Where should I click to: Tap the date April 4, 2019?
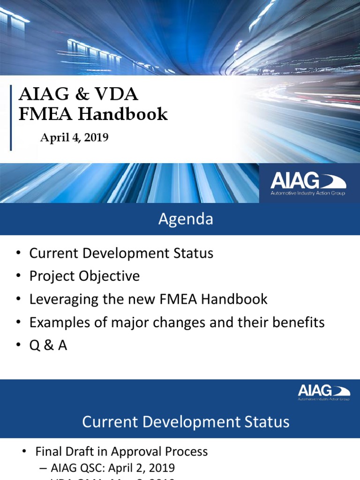point(75,138)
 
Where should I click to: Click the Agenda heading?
point(186,219)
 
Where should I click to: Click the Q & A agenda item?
point(48,345)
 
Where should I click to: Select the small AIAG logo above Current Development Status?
point(323,392)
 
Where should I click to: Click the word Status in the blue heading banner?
point(268,422)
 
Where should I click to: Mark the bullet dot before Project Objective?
point(18,276)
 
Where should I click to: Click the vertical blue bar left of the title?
point(11,118)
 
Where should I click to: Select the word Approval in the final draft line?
point(142,452)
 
